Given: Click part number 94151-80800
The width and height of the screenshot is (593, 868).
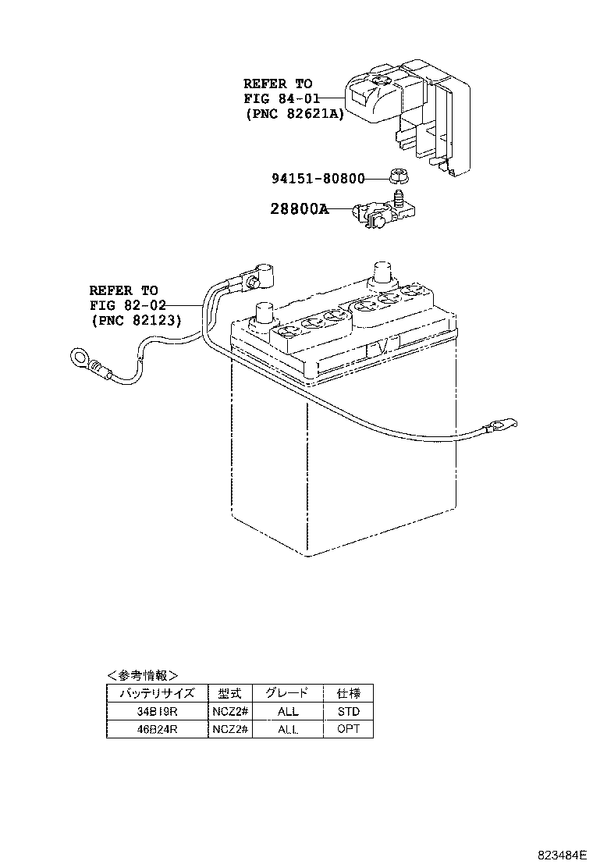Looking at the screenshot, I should click(318, 178).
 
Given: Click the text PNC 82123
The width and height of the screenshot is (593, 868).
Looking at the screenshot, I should click(136, 320).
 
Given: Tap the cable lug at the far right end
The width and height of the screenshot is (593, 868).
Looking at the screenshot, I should click(499, 426).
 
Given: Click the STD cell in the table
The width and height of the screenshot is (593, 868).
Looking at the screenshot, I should click(348, 711).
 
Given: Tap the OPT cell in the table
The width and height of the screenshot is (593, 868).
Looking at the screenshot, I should click(348, 729).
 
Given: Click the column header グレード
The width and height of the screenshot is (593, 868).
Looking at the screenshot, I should click(287, 692).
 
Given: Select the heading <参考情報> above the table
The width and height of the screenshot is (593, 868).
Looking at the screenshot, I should click(142, 675).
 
